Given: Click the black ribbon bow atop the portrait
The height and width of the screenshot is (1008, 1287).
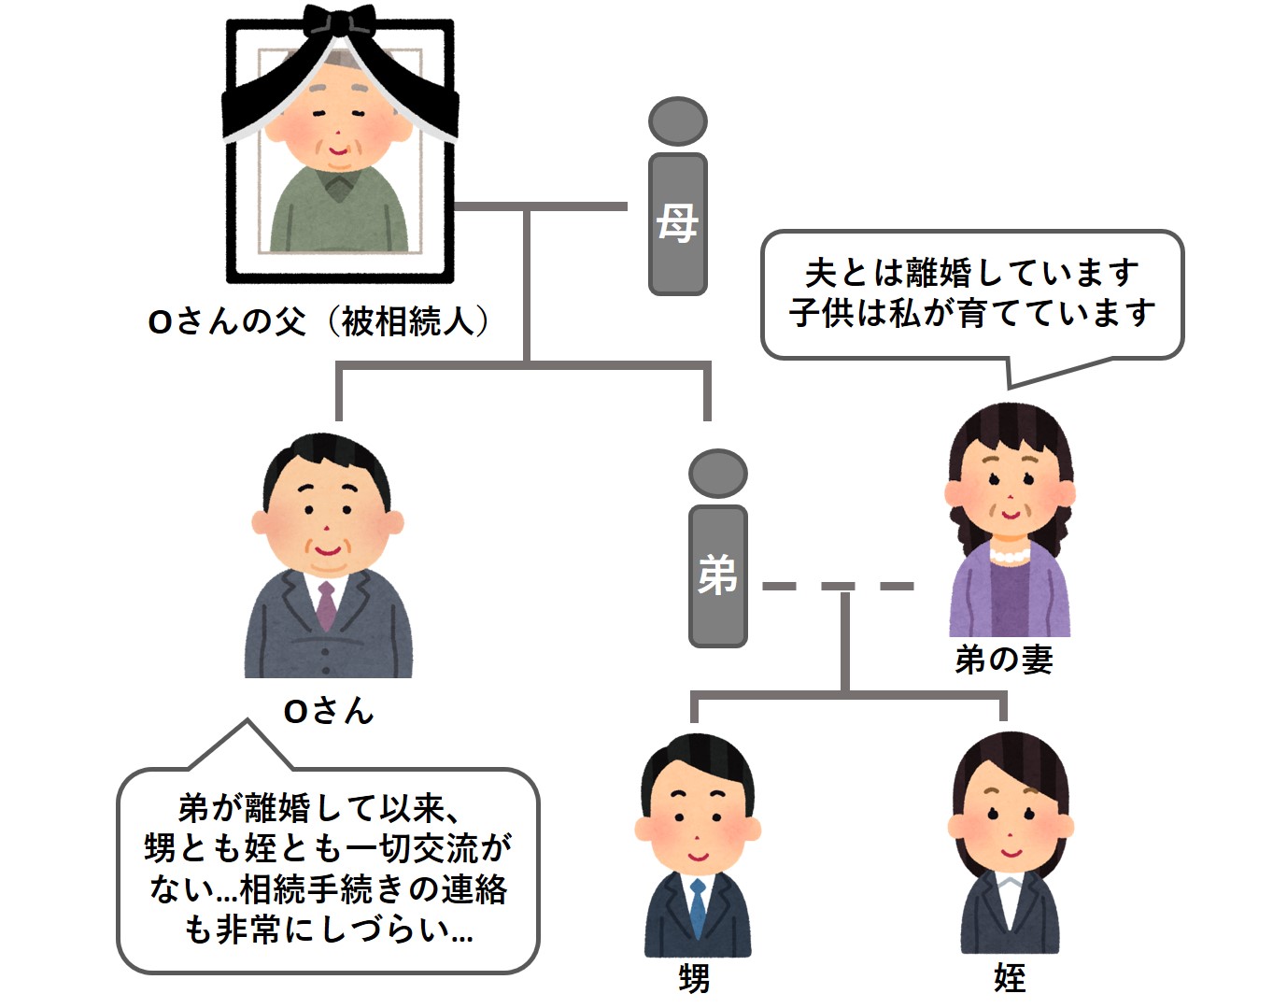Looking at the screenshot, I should click(340, 23).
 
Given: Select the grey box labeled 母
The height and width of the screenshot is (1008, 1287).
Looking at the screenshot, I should click(677, 224).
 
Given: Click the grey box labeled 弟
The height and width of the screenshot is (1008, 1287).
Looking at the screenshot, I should click(717, 575).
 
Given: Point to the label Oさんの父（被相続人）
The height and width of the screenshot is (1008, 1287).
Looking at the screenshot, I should click(318, 322).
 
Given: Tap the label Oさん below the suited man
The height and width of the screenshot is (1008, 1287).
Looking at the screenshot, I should click(329, 712).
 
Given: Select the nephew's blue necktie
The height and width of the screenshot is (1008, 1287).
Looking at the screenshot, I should click(697, 906).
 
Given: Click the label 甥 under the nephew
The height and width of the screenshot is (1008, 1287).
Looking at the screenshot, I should click(694, 978).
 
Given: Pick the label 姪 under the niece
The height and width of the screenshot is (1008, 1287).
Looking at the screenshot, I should click(1010, 978).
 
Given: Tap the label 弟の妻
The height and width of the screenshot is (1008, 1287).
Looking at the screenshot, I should click(1004, 660).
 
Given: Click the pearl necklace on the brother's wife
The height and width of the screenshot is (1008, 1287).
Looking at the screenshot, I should click(1008, 555).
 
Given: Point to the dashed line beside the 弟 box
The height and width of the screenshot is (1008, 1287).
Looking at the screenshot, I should click(837, 587).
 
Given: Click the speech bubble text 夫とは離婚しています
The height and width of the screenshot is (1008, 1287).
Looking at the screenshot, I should click(971, 274).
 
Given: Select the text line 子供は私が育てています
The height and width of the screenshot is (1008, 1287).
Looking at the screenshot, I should click(971, 313).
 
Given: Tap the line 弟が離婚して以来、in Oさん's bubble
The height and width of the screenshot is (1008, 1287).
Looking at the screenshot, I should click(318, 808).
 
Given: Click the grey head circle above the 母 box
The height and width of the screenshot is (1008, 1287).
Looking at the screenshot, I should click(677, 121).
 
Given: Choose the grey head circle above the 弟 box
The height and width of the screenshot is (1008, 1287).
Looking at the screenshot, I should click(717, 473).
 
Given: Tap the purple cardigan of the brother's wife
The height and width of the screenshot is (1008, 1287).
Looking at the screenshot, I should click(971, 598).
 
